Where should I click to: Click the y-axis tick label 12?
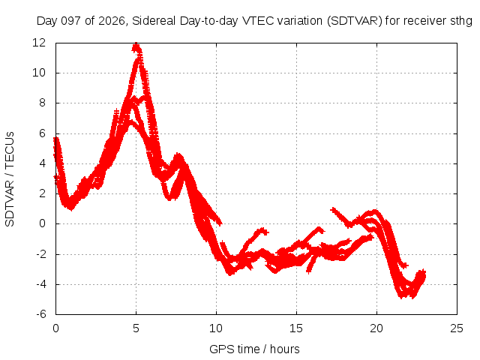[x=39, y=43]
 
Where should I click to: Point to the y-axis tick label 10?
[x=39, y=73]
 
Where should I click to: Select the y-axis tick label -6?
[x=41, y=314]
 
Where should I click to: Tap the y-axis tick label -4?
[x=41, y=284]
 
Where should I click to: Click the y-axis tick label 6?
[x=42, y=133]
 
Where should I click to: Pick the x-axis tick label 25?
[x=457, y=328]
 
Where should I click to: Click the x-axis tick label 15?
[x=296, y=328]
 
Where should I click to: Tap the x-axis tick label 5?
[x=136, y=328]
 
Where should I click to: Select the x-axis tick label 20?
[x=376, y=328]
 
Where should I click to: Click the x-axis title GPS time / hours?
[x=254, y=349]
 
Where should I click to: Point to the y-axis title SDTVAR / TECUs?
[x=10, y=179]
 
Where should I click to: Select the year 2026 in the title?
[x=112, y=21]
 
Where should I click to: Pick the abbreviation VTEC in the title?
[x=258, y=21]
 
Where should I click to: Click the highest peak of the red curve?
[x=136, y=44]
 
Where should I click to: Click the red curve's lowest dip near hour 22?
[x=400, y=297]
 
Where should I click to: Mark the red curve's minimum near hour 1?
[x=71, y=209]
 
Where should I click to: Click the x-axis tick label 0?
[x=55, y=328]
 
